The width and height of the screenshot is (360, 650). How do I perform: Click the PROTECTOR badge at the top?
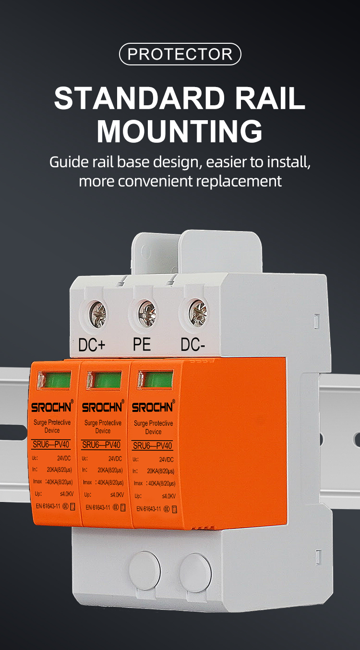180,54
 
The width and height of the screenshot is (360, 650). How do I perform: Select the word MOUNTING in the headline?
180,130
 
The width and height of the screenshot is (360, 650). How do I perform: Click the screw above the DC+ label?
97,314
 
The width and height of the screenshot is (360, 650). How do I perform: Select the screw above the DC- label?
197,313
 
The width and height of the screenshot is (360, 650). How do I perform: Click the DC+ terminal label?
92,345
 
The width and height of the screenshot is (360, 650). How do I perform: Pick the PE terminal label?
142,345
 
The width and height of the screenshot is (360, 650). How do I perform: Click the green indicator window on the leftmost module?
54,380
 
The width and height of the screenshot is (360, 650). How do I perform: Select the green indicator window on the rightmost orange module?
155,380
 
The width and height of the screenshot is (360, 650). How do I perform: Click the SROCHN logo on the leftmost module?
51,408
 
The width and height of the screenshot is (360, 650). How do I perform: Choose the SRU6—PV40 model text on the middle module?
101,445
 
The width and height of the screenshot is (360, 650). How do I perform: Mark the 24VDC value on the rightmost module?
166,460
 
